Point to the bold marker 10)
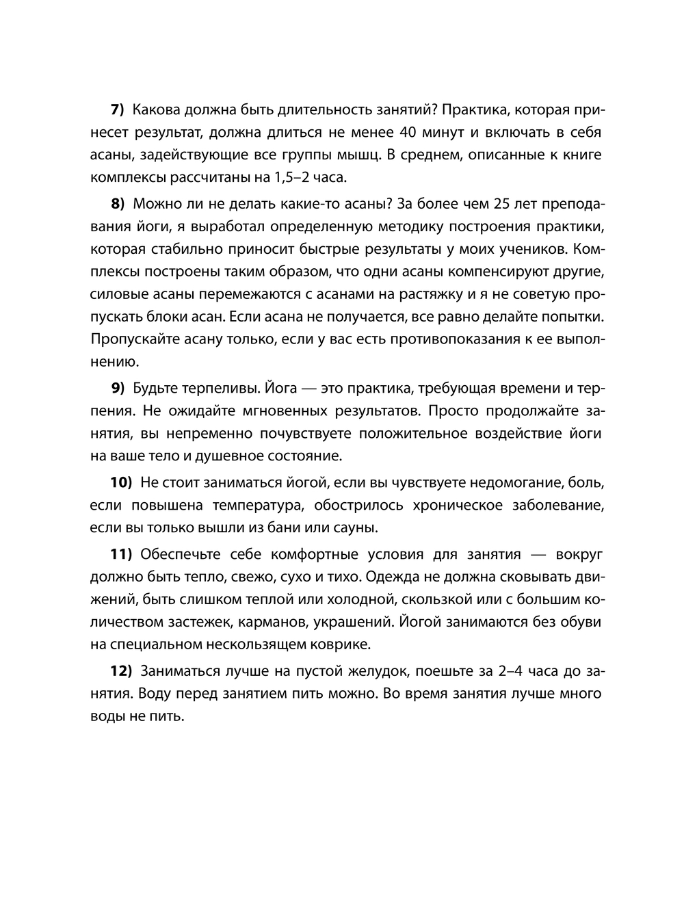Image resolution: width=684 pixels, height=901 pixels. pos(121,482)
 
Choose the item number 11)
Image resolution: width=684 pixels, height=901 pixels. pos(120,553)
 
